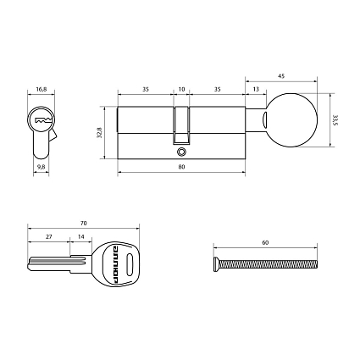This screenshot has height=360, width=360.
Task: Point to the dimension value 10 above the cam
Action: [181, 87]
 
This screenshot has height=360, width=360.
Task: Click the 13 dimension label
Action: [255, 87]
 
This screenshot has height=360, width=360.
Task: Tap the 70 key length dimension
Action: [83, 222]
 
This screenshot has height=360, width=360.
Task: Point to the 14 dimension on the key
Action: [80, 238]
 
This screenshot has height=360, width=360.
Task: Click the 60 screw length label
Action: [265, 242]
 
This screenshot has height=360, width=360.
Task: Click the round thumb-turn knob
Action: [290, 120]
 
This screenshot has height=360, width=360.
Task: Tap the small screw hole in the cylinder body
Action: [181, 154]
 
